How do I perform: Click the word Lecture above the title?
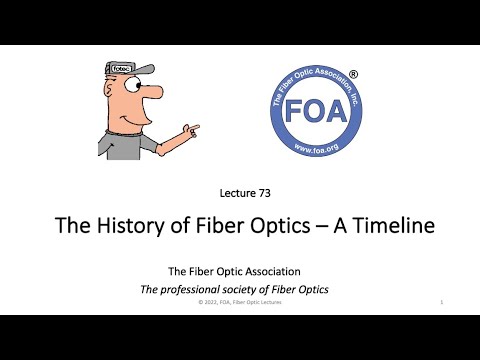pos(233,193)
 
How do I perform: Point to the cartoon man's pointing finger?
pos(193,129)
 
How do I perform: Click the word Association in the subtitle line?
pos(280,270)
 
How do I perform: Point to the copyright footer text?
pos(240,301)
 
